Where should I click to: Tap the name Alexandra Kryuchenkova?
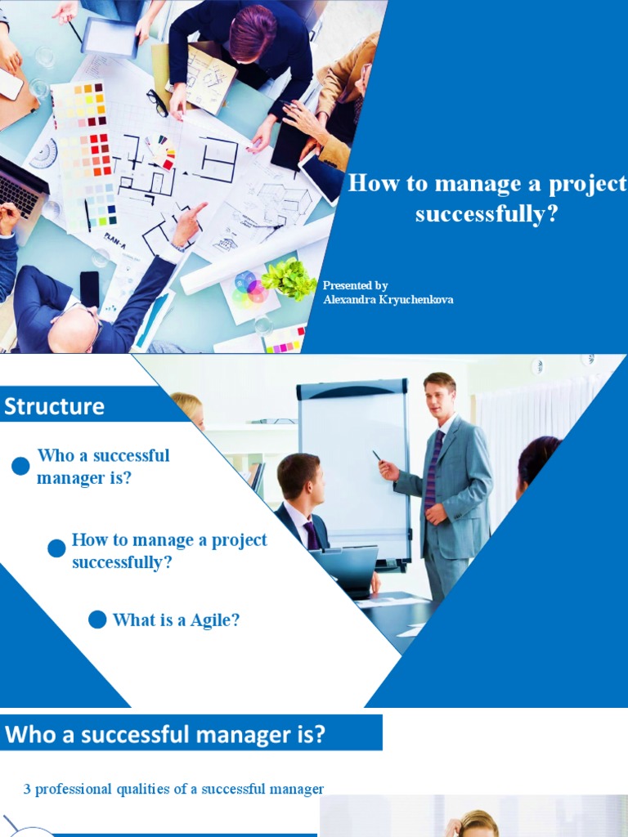point(388,300)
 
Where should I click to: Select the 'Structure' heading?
point(55,406)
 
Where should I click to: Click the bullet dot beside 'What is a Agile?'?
point(97,620)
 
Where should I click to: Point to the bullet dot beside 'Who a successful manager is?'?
point(21,467)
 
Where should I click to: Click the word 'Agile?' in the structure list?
point(215,620)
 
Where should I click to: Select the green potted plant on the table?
point(289,278)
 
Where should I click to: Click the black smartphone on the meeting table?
point(89,289)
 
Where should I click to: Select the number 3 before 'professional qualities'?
point(27,789)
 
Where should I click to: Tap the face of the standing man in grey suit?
point(438,396)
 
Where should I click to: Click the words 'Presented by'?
point(355,285)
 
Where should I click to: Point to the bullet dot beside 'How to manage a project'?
point(56,548)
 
